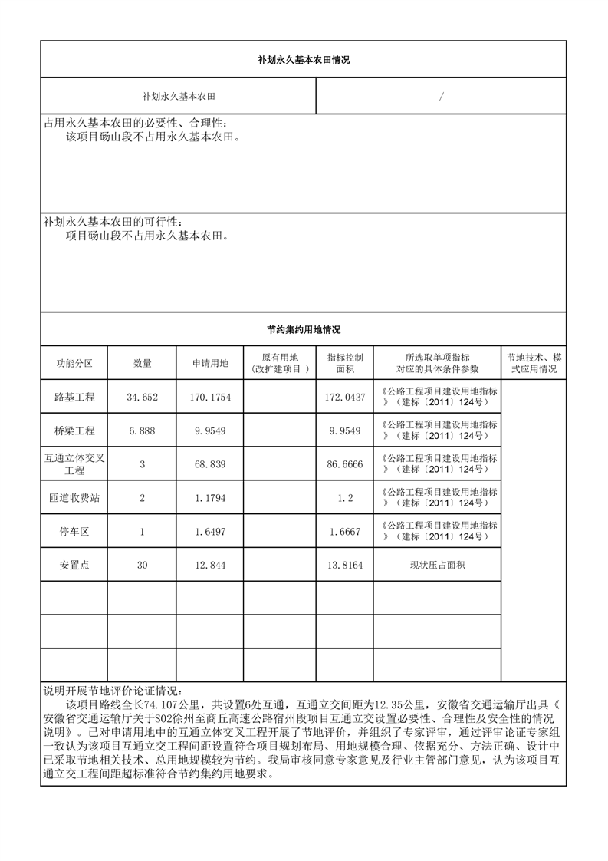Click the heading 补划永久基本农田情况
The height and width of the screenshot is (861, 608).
[x=303, y=60]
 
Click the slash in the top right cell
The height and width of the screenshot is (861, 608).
[x=442, y=97]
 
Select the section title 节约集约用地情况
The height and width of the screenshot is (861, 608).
[x=303, y=330]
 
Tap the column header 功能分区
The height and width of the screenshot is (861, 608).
[x=74, y=363]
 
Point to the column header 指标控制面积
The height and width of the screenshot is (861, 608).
[x=345, y=363]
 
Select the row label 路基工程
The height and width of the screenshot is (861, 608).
[x=74, y=397]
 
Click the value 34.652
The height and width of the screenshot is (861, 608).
[x=142, y=397]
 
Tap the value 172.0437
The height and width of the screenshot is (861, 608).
[x=345, y=397]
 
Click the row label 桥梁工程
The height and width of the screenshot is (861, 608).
[x=74, y=430]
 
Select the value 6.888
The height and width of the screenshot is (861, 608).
[x=142, y=430]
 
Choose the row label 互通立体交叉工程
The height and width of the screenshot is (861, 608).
[x=74, y=463]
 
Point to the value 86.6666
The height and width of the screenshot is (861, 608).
[x=345, y=463]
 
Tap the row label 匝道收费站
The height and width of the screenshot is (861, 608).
[x=74, y=497]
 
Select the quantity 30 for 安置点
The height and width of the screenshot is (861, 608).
[x=142, y=565]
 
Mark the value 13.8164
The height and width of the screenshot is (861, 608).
[x=345, y=565]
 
